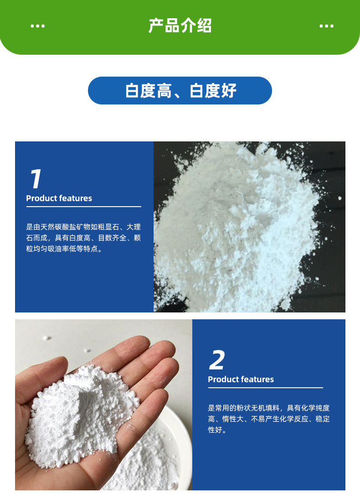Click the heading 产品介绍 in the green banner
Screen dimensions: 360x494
point(180,26)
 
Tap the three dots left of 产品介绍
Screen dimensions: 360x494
point(38,26)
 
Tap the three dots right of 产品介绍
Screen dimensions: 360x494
point(326,26)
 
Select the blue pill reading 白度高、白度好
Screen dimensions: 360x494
point(180,90)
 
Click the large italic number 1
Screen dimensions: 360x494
point(35,179)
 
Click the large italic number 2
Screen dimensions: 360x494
point(217,360)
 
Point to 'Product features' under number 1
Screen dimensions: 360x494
point(59,198)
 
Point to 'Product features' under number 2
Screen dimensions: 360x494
point(241,380)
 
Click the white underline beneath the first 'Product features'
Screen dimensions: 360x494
point(84,207)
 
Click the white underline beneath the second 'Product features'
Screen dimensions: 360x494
point(265,388)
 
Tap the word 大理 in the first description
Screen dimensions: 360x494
point(134,227)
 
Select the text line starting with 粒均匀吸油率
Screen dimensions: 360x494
point(65,249)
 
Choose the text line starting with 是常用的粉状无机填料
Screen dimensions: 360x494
point(269,408)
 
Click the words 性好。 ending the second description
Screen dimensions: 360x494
point(217,430)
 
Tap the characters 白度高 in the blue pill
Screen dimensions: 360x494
point(148,91)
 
